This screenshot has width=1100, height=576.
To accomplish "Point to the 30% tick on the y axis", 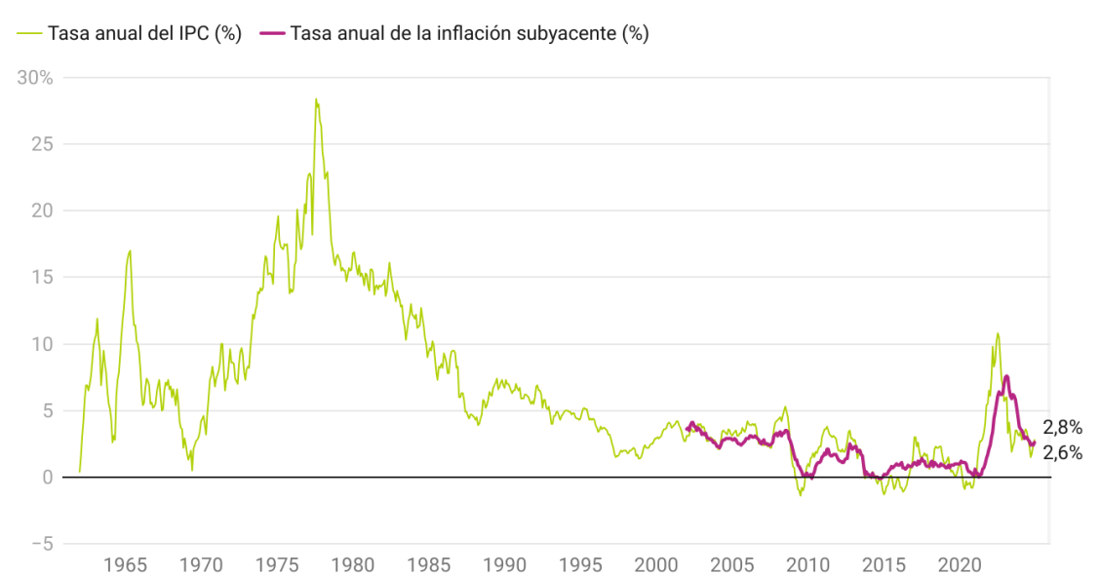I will (35, 77).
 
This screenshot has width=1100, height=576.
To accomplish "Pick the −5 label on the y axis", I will (44, 544).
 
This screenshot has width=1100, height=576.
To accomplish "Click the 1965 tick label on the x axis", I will (125, 565).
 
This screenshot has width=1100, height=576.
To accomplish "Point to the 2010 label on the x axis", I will (807, 565).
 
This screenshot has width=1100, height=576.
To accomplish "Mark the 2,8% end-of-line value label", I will (1063, 428).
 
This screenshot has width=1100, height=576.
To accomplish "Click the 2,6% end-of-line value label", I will (1063, 452).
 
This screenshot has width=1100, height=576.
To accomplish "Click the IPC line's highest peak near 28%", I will (316, 98).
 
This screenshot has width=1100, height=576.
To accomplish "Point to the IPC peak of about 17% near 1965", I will (130, 250).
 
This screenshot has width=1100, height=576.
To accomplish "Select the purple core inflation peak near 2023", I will (1005, 376).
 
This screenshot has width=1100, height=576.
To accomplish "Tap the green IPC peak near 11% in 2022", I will (997, 333).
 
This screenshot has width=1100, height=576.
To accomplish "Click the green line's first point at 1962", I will (79, 472).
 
